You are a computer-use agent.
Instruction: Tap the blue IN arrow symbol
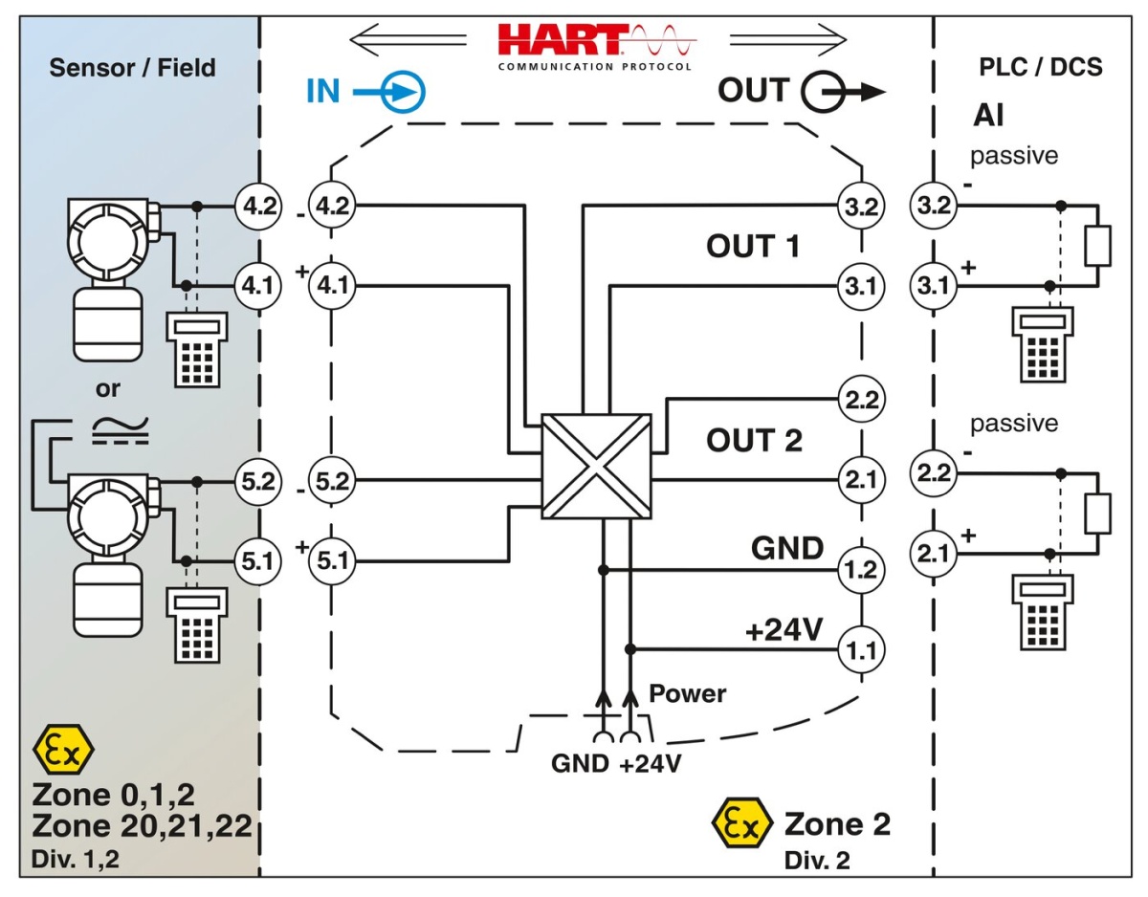click(x=401, y=93)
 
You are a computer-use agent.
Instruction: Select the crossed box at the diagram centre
click(x=596, y=466)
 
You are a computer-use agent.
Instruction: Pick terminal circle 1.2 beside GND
click(x=859, y=571)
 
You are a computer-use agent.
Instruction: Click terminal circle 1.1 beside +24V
click(x=859, y=651)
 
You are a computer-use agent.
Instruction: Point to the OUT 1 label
click(x=753, y=246)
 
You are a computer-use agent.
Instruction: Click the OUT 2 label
click(x=754, y=441)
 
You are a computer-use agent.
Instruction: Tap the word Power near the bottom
click(x=688, y=693)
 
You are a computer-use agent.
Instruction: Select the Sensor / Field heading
click(x=132, y=68)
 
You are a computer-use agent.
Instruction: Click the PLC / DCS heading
click(x=1041, y=67)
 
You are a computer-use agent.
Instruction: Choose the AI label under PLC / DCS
click(x=988, y=116)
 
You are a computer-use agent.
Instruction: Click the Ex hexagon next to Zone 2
click(x=741, y=824)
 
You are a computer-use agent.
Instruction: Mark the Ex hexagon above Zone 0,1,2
click(x=63, y=751)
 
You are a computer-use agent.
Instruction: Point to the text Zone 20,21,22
click(x=142, y=826)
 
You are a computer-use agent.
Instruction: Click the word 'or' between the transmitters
click(x=107, y=388)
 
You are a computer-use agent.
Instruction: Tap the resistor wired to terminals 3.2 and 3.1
click(x=1097, y=246)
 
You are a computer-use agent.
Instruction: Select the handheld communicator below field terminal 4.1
click(x=197, y=349)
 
